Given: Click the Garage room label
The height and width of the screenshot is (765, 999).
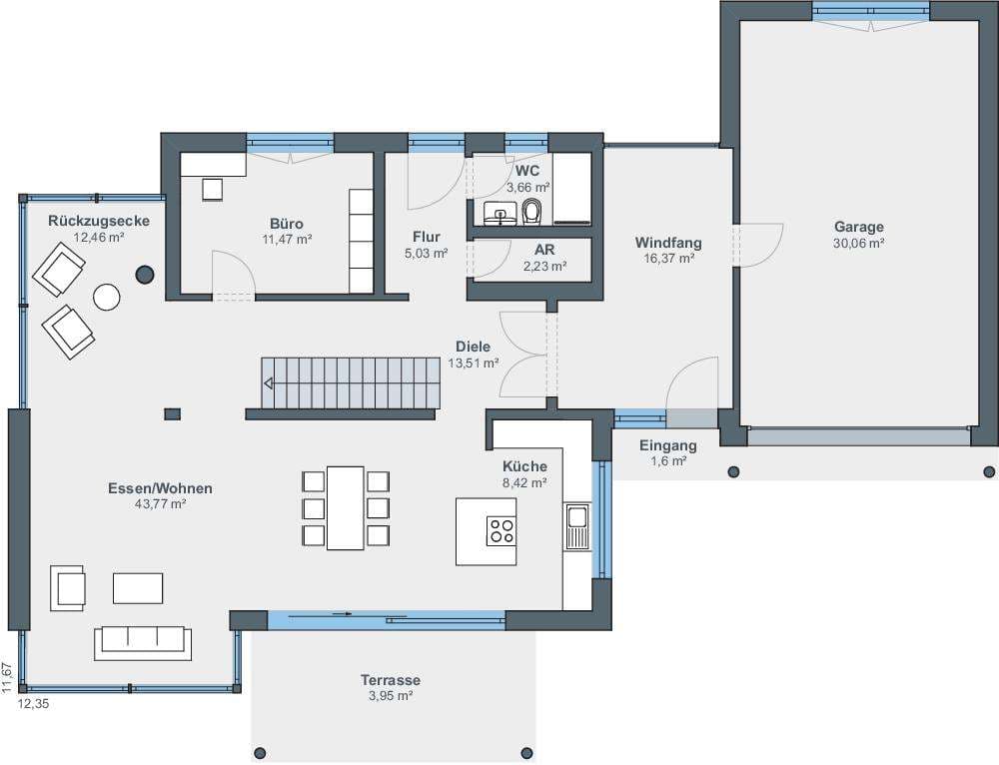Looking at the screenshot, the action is coord(859,227).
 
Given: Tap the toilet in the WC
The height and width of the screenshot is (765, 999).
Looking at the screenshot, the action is coord(531,212).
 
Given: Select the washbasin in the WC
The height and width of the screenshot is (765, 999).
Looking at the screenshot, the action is coord(499,212).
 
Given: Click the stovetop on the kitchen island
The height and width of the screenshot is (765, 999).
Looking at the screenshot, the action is coord(501,531).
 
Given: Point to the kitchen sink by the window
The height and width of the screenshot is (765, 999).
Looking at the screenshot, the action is coord(577,526).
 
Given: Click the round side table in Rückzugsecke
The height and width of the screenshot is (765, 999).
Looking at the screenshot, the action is coord(107,297).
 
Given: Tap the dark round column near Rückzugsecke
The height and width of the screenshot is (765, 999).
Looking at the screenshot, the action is coord(145,275).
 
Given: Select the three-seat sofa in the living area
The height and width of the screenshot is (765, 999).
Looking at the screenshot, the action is coord(143,643).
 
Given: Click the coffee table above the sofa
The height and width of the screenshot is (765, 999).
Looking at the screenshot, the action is coord(138,588).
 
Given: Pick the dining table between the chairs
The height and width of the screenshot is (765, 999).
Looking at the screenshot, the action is coord(346,507).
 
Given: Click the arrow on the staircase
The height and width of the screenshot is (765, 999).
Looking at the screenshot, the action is coord(269,383).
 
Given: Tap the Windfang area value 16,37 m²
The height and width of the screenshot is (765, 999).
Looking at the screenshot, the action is coord(668,259).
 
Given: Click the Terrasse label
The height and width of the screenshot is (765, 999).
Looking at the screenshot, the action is coord(391,680).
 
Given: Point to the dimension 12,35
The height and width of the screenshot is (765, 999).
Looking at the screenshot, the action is coord(33,704).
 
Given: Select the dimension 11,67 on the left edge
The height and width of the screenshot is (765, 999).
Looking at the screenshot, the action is coord(6,677).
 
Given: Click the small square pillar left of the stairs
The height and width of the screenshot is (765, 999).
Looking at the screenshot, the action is coord(172,414).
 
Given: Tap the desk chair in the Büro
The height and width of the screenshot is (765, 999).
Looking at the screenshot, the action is coord(212,190).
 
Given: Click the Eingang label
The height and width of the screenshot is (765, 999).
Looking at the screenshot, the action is coord(668,445).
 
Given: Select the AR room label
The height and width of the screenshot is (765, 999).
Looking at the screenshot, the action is coord(544,251).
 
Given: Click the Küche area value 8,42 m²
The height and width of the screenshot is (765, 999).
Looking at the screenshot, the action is coord(525,482).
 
